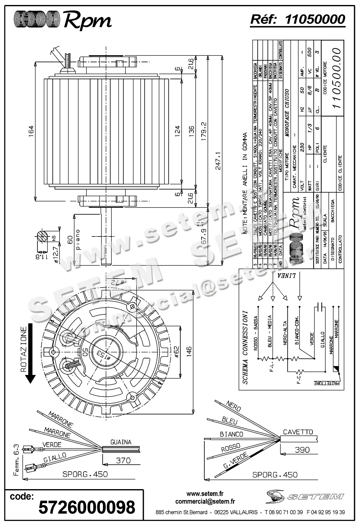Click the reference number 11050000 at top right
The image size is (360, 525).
315,19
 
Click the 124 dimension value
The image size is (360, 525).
177,132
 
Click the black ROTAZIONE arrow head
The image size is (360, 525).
31,379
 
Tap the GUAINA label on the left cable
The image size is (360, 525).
121,442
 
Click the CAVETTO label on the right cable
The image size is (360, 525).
298,432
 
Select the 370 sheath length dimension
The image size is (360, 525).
123,460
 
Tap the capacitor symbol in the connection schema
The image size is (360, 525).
320,307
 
